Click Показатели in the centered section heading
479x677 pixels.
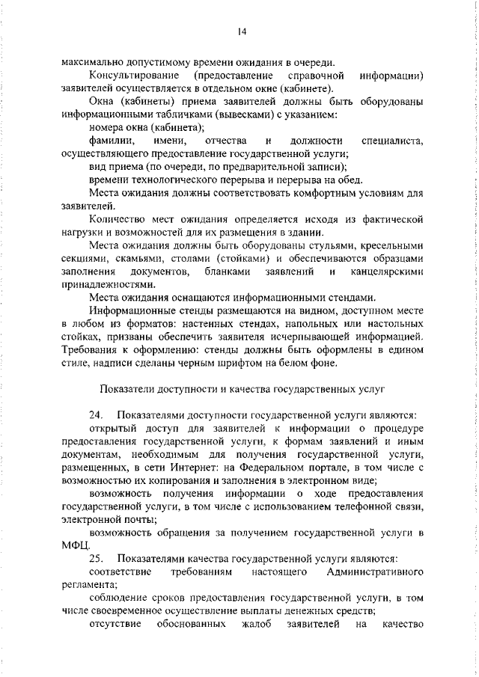pyautogui.click(x=129, y=389)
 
